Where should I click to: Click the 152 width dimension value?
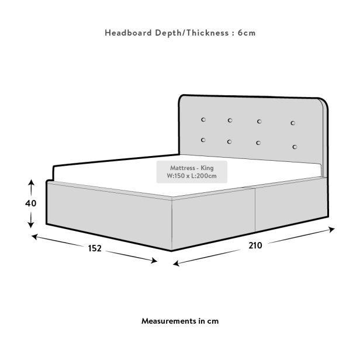point(95,248)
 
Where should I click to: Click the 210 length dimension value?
point(255,245)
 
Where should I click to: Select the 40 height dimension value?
point(31,203)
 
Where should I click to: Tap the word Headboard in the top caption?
point(128,33)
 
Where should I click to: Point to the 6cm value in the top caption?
point(247,33)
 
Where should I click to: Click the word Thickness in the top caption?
point(207,33)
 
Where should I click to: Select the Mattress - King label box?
point(192,172)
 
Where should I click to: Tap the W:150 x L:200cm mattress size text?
point(192,176)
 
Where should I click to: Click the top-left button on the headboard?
point(203,120)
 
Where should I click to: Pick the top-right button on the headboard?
point(293,123)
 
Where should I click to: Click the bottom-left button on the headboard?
point(203,140)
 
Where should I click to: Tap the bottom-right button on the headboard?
point(295,147)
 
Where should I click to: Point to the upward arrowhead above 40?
point(31,182)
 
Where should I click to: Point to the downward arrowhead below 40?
point(31,225)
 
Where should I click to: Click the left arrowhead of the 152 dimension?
point(34,237)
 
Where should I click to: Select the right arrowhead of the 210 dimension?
point(332,229)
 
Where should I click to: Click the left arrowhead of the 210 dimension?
point(176,264)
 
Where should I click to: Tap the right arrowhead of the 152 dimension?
point(154,261)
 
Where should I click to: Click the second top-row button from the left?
point(230,120)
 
